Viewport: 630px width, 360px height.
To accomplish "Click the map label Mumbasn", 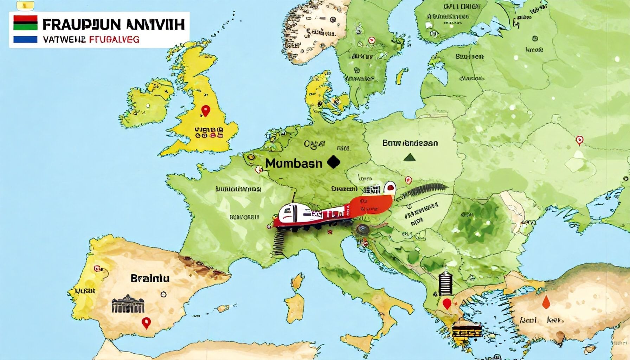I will click(294, 163).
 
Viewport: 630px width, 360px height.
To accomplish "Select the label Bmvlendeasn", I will click(410, 143).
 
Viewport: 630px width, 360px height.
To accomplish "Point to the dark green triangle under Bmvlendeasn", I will click(409, 157).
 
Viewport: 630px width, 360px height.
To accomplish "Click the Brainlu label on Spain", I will click(150, 278).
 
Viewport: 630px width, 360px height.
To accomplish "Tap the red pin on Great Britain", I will click(205, 111).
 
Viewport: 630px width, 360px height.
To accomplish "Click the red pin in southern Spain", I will click(146, 322).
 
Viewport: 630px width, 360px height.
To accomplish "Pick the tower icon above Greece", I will click(445, 283).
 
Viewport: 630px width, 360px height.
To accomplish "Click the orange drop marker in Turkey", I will click(546, 302).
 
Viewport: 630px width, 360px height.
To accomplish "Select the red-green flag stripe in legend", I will click(25, 22).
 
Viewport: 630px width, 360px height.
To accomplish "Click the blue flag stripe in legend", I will click(25, 39).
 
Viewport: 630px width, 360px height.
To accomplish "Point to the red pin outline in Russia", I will click(579, 140).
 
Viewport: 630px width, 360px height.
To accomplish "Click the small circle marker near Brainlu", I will click(163, 294).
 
